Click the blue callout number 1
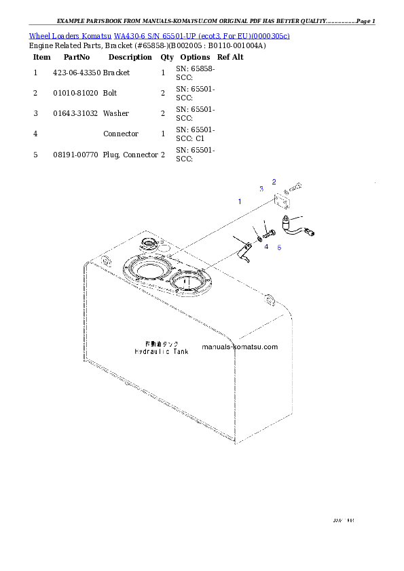coord(239,201)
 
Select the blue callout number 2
coord(274,181)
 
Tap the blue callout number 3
coord(261,189)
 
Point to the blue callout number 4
coord(266,247)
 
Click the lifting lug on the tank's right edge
coord(270,298)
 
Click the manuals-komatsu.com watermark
coord(240,347)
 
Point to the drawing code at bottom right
coord(344,521)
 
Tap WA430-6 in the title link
coord(129,35)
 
